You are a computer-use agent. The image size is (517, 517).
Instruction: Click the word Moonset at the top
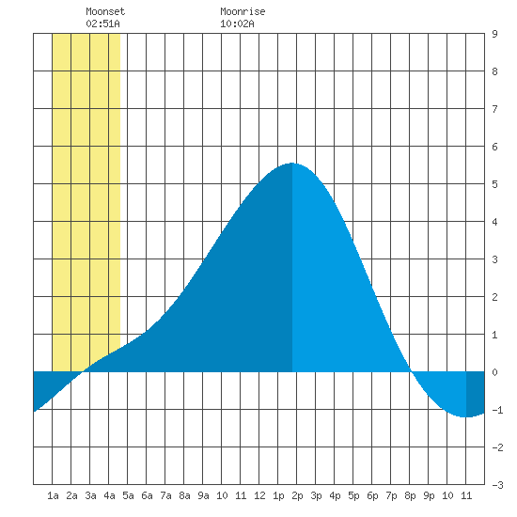click(105, 11)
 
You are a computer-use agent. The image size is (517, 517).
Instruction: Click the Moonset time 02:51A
click(102, 23)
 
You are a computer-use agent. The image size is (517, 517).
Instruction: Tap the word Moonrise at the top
click(243, 11)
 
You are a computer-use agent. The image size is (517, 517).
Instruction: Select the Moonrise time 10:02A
click(237, 23)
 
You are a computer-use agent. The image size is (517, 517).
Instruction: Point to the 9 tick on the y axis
click(494, 34)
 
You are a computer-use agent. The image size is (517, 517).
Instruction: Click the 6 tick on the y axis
click(494, 147)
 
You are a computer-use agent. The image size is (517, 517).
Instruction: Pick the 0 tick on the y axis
click(494, 372)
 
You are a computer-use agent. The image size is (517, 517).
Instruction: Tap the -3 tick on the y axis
click(497, 485)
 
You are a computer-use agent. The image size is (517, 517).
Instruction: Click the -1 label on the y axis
click(497, 410)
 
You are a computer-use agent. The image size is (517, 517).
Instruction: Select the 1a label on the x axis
click(53, 495)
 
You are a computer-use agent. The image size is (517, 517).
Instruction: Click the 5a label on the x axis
click(128, 495)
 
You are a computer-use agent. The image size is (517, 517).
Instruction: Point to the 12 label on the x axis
click(259, 495)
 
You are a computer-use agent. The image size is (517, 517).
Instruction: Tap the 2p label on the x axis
click(297, 495)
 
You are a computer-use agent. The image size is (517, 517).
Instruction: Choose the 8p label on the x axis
click(410, 495)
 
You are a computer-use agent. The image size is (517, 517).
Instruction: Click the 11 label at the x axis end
click(466, 495)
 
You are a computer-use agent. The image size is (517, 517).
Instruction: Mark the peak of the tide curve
click(292, 163)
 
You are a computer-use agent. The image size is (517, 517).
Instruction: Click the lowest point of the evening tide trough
click(465, 417)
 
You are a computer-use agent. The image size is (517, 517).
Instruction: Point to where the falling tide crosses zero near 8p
click(411, 371)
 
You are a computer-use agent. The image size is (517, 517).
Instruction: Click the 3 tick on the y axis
click(494, 259)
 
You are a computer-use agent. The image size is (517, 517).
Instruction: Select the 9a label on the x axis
click(203, 495)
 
